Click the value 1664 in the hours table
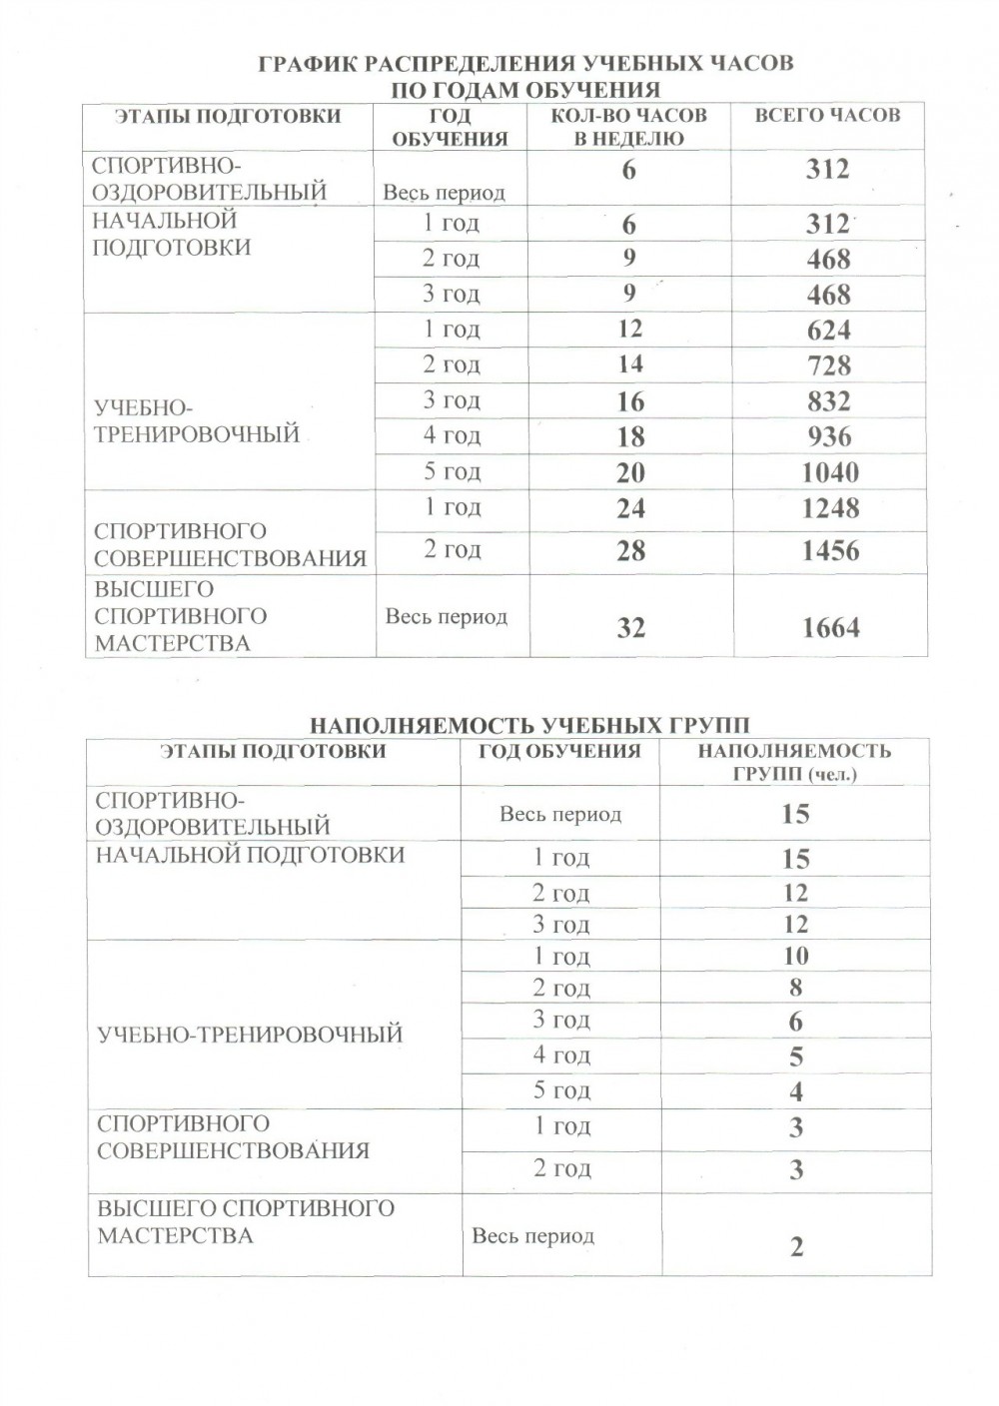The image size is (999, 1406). pyautogui.click(x=830, y=627)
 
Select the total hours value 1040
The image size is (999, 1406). pyautogui.click(x=830, y=472)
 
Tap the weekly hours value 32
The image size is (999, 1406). pyautogui.click(x=630, y=627)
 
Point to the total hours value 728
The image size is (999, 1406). pyautogui.click(x=829, y=365)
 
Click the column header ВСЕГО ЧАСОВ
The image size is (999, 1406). pyautogui.click(x=827, y=116)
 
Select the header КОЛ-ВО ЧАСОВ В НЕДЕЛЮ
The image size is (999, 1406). pyautogui.click(x=629, y=127)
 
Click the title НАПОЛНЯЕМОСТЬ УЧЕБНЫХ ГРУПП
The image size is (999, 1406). pyautogui.click(x=529, y=725)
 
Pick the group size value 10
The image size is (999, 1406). pyautogui.click(x=795, y=956)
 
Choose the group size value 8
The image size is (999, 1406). pyautogui.click(x=795, y=988)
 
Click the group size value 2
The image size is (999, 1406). pyautogui.click(x=796, y=1246)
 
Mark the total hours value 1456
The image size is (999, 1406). pyautogui.click(x=830, y=550)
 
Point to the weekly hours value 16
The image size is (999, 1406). pyautogui.click(x=630, y=401)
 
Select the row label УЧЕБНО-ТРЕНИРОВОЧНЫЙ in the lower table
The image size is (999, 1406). pyautogui.click(x=250, y=1035)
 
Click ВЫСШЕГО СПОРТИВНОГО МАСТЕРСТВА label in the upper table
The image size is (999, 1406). pyautogui.click(x=173, y=616)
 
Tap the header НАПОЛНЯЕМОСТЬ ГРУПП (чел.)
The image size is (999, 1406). pyautogui.click(x=794, y=762)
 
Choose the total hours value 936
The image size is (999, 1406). pyautogui.click(x=829, y=436)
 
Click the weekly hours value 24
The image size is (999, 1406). pyautogui.click(x=630, y=508)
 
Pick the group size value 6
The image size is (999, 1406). pyautogui.click(x=795, y=1021)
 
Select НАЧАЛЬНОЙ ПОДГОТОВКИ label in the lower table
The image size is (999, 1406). pyautogui.click(x=250, y=855)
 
